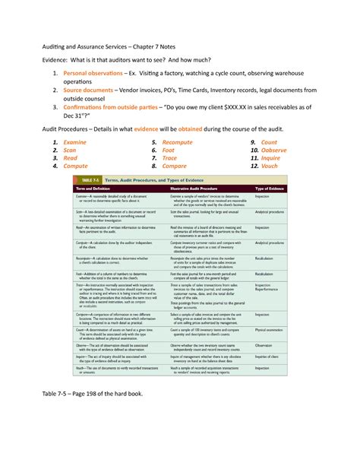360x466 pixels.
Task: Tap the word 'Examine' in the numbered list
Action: tap(74, 142)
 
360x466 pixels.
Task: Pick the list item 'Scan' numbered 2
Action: tap(69, 151)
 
